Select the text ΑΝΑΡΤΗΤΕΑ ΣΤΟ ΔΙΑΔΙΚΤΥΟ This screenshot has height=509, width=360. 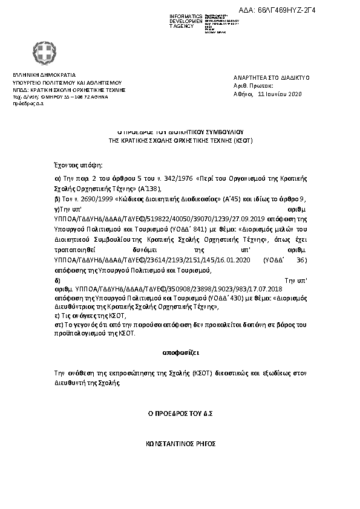coord(271,78)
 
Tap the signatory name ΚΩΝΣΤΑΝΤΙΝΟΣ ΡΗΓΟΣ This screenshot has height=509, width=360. coord(181,443)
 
